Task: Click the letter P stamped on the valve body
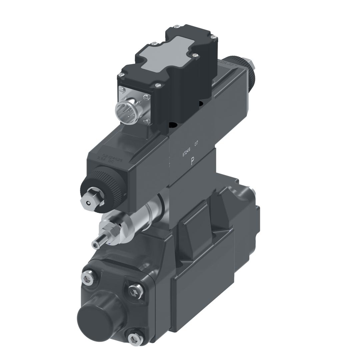point(192,162)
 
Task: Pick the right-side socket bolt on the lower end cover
point(136,291)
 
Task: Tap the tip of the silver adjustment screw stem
point(96,245)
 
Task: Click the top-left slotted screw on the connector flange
point(122,89)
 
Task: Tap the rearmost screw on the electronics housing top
point(177,26)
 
